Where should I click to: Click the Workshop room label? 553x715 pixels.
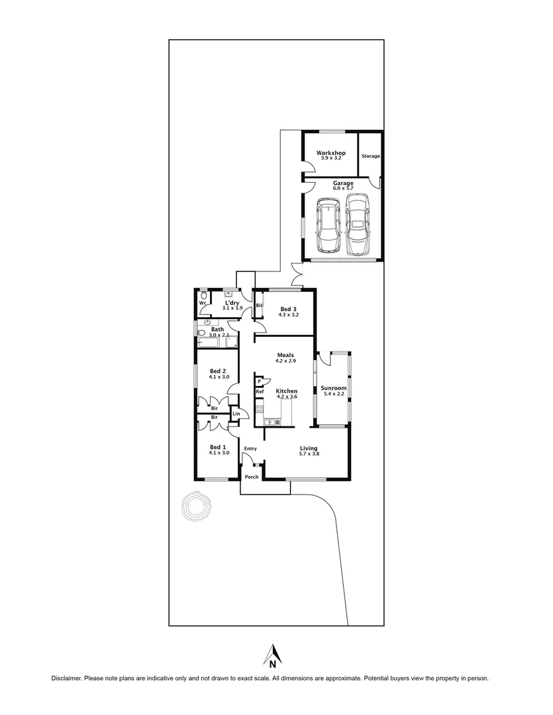click(330, 153)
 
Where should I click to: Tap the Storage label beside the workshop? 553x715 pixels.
click(370, 156)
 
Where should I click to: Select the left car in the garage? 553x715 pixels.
click(327, 225)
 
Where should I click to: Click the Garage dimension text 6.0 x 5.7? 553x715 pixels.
click(343, 189)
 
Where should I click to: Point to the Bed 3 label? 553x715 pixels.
click(287, 309)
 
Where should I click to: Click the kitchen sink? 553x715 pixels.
click(270, 422)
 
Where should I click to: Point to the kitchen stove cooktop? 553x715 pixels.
click(260, 403)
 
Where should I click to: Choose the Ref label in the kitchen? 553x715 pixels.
click(260, 392)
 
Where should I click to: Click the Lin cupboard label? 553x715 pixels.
click(236, 414)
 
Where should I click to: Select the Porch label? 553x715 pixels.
click(251, 477)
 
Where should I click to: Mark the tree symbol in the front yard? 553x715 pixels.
click(196, 506)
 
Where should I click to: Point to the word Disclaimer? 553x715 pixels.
click(67, 679)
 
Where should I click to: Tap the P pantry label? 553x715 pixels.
click(260, 381)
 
